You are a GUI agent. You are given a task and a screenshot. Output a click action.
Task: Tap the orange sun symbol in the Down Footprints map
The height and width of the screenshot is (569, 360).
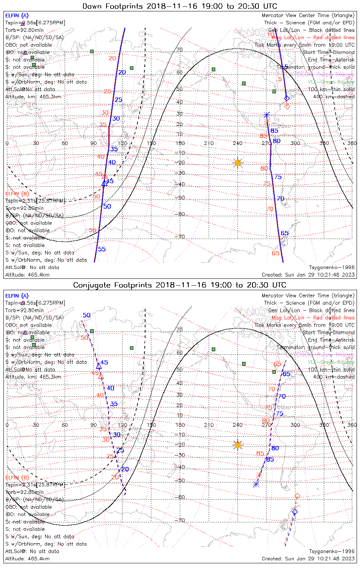click(x=238, y=163)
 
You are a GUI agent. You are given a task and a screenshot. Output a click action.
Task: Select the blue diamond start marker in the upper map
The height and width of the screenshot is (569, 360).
click(x=287, y=98)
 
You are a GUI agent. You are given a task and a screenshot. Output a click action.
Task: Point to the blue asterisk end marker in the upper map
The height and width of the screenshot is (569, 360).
click(x=267, y=115)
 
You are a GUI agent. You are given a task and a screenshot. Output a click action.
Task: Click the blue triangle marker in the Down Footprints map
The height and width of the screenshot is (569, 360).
click(x=104, y=183)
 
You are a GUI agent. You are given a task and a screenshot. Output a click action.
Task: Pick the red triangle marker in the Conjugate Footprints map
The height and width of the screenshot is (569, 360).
click(x=101, y=376)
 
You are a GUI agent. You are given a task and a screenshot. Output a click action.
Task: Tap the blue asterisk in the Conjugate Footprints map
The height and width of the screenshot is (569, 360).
click(x=256, y=484)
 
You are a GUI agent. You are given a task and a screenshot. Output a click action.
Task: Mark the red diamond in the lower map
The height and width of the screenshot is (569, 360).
click(x=297, y=496)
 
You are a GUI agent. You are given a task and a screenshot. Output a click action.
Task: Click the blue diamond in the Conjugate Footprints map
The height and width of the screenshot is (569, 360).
click(x=295, y=512)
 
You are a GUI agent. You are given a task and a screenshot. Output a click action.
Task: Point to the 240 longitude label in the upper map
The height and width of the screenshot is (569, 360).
click(x=238, y=143)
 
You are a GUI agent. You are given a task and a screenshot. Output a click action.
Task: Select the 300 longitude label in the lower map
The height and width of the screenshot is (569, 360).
click(x=295, y=425)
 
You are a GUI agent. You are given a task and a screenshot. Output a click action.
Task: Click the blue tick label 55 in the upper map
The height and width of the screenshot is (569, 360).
click(x=102, y=249)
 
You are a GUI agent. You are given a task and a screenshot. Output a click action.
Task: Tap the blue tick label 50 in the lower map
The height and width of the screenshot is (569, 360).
click(x=87, y=315)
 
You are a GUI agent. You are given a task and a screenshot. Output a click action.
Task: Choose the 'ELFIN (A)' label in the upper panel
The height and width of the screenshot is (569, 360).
click(x=17, y=16)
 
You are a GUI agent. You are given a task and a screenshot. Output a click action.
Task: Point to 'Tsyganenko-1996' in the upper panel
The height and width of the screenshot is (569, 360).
click(x=332, y=267)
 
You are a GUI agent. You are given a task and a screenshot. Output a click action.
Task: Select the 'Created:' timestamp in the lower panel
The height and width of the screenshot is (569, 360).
click(x=308, y=558)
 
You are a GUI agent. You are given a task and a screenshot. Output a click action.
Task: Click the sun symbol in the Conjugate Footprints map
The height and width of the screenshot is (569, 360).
click(x=238, y=445)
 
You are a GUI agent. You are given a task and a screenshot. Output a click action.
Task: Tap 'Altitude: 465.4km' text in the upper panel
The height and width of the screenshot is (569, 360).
click(x=27, y=275)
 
